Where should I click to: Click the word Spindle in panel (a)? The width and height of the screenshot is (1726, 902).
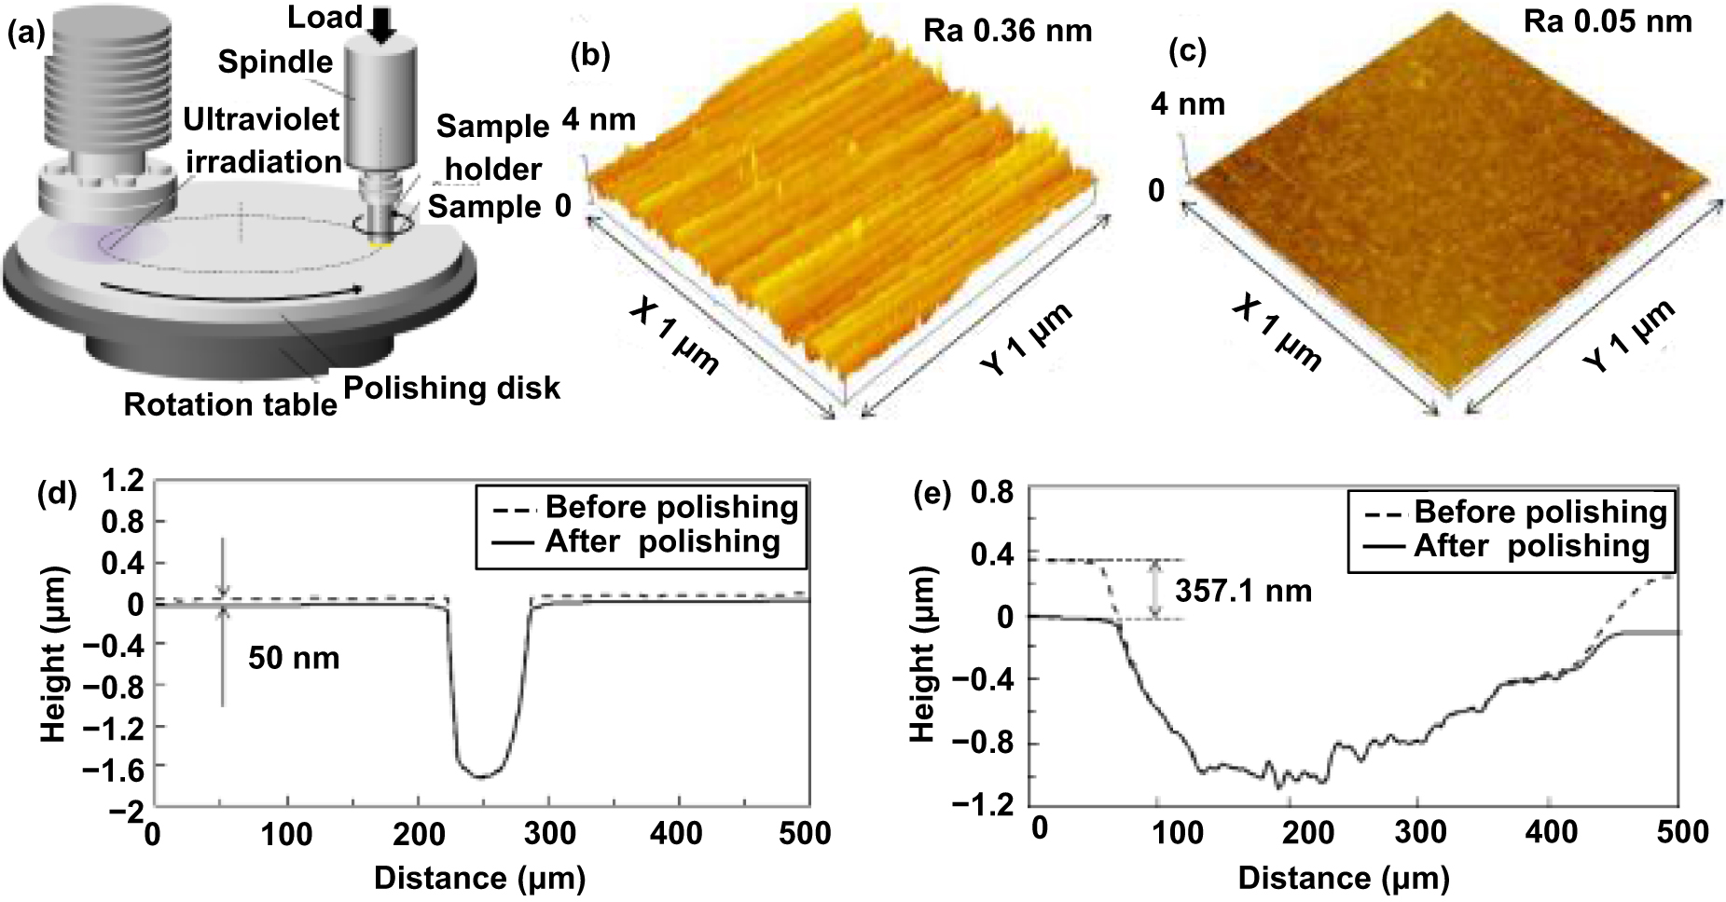275,62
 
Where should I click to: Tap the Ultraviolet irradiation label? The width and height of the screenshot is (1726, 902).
262,140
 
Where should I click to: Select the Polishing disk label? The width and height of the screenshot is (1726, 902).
452,388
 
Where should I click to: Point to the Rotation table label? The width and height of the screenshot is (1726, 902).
230,405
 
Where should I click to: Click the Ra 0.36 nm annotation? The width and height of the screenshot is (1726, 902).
1007,31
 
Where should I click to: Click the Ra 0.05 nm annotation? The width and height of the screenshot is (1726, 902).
1608,20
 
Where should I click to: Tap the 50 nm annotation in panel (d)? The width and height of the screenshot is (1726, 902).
294,658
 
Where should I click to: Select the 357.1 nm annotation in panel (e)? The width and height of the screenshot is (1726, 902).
1243,591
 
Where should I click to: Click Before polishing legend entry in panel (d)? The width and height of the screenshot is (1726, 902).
671,508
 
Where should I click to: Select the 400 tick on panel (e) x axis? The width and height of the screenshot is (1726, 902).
1549,830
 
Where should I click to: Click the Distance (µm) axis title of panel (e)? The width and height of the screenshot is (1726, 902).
1343,878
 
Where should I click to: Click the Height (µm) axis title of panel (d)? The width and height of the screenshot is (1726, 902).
54,654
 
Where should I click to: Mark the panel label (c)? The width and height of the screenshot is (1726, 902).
1188,51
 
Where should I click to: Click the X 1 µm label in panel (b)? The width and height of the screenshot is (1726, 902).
673,337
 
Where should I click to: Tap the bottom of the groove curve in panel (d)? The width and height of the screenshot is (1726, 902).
482,775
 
